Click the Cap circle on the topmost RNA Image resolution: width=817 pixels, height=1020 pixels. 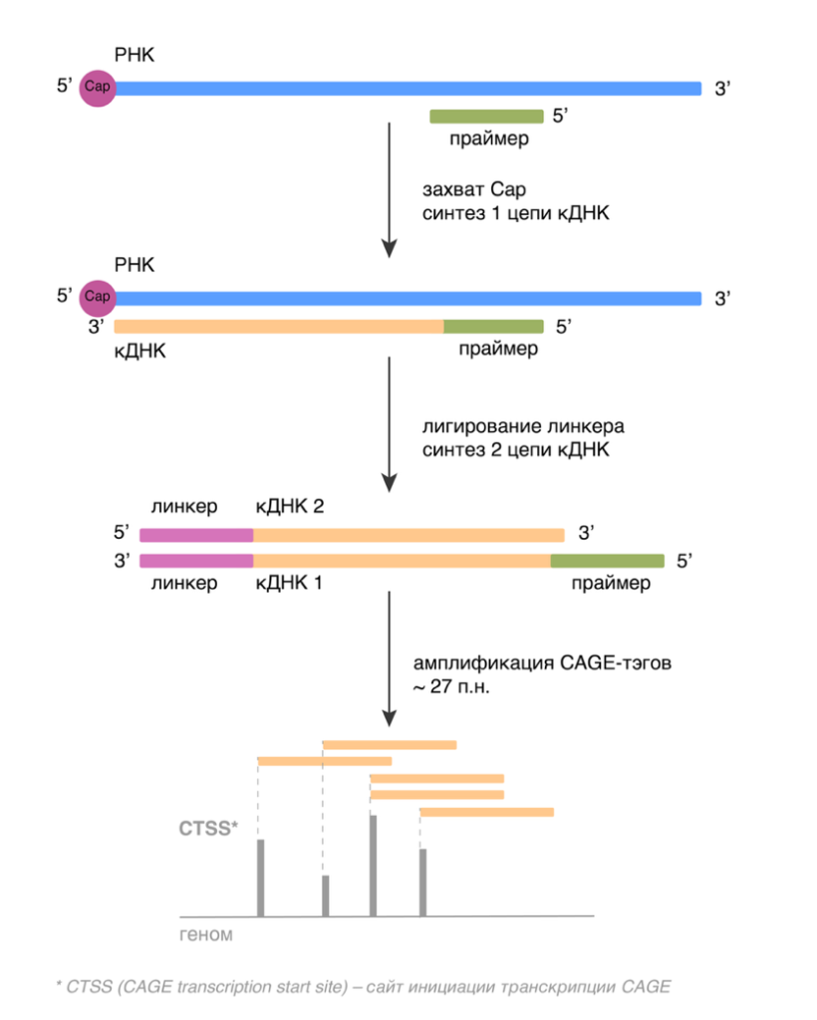[98, 88]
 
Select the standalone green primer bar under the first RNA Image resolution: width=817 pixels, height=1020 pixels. [486, 117]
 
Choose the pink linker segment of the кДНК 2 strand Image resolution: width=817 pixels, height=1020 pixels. [196, 534]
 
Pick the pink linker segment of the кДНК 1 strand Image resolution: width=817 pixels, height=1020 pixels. [196, 560]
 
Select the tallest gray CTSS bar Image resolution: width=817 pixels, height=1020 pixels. [373, 865]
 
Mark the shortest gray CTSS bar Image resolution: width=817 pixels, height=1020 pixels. [325, 895]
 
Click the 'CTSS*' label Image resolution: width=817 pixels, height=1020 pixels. [207, 826]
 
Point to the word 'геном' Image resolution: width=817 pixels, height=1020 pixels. [206, 935]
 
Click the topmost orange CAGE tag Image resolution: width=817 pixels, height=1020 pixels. [390, 744]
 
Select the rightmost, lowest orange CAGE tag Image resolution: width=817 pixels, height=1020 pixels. [486, 812]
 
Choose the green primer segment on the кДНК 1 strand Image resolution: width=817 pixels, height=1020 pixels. [608, 560]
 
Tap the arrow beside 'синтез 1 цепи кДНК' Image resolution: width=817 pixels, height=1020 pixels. [390, 189]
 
